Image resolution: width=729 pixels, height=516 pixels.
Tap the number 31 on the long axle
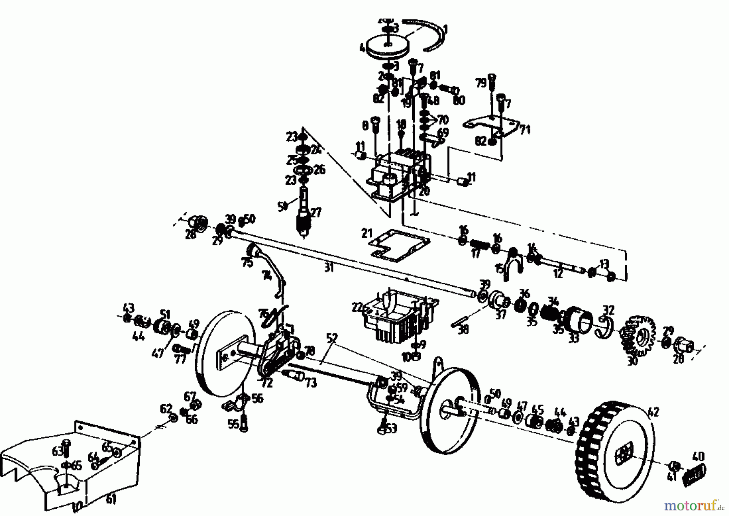click(329, 268)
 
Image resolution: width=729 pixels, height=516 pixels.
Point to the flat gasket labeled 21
click(399, 245)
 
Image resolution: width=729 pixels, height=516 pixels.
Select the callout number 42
click(653, 413)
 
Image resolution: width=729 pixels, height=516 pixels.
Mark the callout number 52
click(332, 337)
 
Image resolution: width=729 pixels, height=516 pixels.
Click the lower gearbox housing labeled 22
click(395, 316)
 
